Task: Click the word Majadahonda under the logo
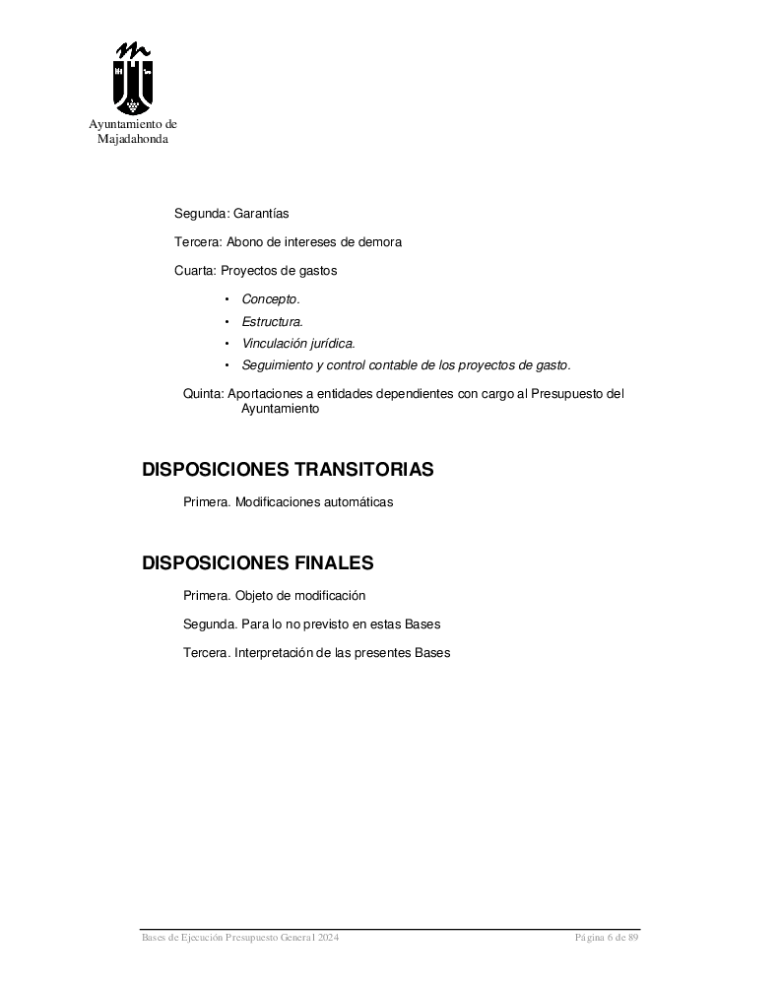pos(133,139)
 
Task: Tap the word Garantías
pos(261,213)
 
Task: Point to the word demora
pos(381,241)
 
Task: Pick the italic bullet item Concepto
pos(271,299)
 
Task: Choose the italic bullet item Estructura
pos(273,321)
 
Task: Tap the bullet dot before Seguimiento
pos(227,365)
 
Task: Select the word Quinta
pos(203,394)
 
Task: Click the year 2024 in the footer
pos(329,938)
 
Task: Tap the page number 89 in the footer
pos(633,938)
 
